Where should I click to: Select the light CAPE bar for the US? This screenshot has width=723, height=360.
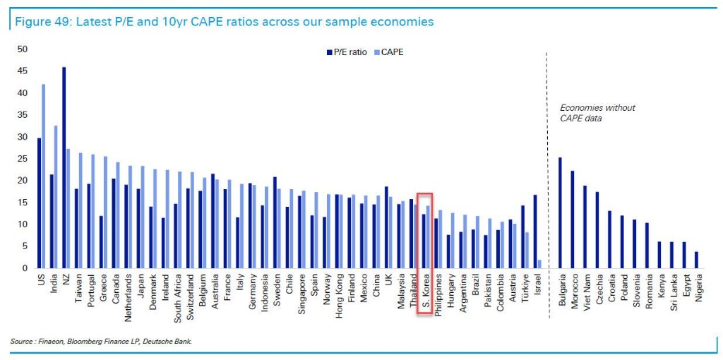[43, 176]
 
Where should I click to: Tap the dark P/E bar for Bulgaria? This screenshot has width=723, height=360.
[560, 212]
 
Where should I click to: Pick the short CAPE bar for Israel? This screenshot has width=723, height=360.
[539, 264]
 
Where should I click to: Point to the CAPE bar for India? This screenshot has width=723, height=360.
[56, 197]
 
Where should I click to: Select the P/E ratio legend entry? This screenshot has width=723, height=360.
[347, 52]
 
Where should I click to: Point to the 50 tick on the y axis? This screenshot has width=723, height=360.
[22, 49]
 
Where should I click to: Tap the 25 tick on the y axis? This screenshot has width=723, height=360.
[22, 159]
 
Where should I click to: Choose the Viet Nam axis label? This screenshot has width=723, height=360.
[585, 292]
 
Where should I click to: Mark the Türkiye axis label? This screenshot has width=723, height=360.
[525, 289]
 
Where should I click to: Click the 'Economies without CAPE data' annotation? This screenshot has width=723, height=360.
[597, 113]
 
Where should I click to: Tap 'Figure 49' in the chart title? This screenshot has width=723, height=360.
[36, 22]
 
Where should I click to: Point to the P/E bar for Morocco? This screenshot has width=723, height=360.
[573, 220]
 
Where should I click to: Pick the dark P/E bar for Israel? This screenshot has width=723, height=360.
[534, 232]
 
